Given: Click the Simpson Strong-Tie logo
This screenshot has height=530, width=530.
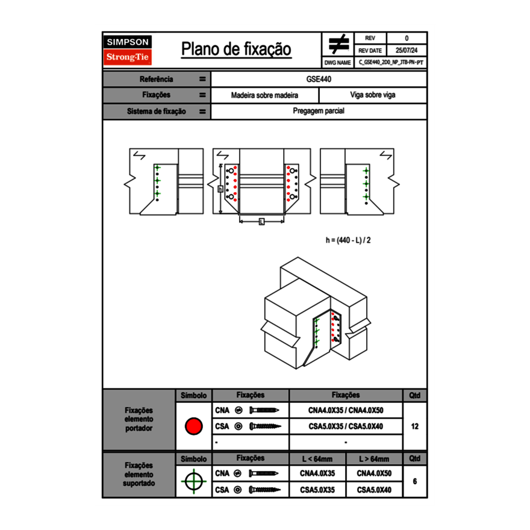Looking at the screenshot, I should [x=128, y=50].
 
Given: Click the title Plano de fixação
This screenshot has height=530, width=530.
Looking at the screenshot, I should [x=236, y=49].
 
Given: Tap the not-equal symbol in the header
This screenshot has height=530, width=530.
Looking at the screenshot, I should [x=338, y=44].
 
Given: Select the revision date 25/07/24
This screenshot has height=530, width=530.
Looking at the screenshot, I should [x=407, y=51].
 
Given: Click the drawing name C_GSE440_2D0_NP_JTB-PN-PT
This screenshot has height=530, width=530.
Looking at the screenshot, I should [x=391, y=62].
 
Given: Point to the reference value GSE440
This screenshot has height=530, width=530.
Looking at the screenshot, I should [x=319, y=79].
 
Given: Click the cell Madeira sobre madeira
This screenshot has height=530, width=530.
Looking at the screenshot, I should [x=264, y=95].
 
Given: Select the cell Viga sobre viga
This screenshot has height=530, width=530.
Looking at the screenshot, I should [x=372, y=95].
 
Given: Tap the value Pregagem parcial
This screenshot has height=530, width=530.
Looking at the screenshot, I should [x=319, y=111].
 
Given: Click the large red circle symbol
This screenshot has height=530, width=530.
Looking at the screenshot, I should [x=193, y=426].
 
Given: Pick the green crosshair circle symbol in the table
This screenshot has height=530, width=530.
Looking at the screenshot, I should [x=193, y=481].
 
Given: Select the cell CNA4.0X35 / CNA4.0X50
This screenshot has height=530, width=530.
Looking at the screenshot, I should [x=346, y=411].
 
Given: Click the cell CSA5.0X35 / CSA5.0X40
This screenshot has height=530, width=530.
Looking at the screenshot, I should [x=346, y=426].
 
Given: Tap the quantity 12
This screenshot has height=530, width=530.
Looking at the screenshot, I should [x=414, y=426].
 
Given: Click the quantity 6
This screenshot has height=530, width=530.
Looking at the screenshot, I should [x=414, y=481].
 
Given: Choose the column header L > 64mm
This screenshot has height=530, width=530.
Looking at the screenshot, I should [x=374, y=459].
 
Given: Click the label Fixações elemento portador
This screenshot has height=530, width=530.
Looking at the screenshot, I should [x=139, y=419].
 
